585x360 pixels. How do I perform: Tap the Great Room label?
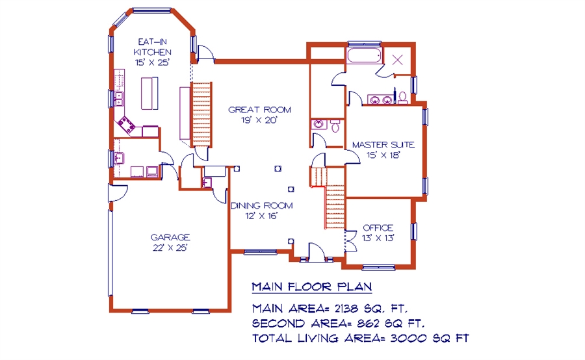(x=259, y=110)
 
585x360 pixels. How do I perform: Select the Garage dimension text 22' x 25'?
(x=170, y=248)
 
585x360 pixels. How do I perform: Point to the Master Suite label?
(x=383, y=145)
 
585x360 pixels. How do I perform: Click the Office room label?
(x=378, y=227)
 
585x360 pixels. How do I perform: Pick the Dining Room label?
(x=261, y=205)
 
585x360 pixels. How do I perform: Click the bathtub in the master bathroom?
(x=365, y=55)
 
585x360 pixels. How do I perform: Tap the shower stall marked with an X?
(x=398, y=60)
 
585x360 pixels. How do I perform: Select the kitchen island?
(x=149, y=94)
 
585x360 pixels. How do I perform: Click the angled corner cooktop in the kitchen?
(x=127, y=125)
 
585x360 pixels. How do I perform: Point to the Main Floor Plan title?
(x=312, y=287)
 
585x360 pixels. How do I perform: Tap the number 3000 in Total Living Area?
(x=409, y=338)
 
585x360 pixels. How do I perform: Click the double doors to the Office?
(x=350, y=241)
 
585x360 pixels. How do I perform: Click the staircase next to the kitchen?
(x=201, y=115)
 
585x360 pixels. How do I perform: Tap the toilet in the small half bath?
(x=335, y=126)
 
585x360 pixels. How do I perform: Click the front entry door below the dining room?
(x=316, y=252)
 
